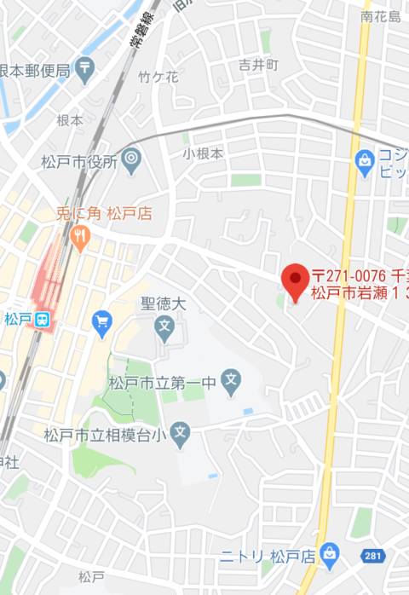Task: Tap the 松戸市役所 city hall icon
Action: pyautogui.click(x=131, y=158)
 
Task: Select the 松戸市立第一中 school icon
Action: pyautogui.click(x=230, y=380)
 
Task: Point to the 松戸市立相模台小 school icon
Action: pyautogui.click(x=179, y=435)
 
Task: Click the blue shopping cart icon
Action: pyautogui.click(x=102, y=322)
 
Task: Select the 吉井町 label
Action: pyautogui.click(x=258, y=65)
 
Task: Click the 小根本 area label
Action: pyautogui.click(x=203, y=154)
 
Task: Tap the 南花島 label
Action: pyautogui.click(x=380, y=16)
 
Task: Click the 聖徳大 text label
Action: pyautogui.click(x=164, y=303)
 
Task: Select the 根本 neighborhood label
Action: pyautogui.click(x=70, y=120)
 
